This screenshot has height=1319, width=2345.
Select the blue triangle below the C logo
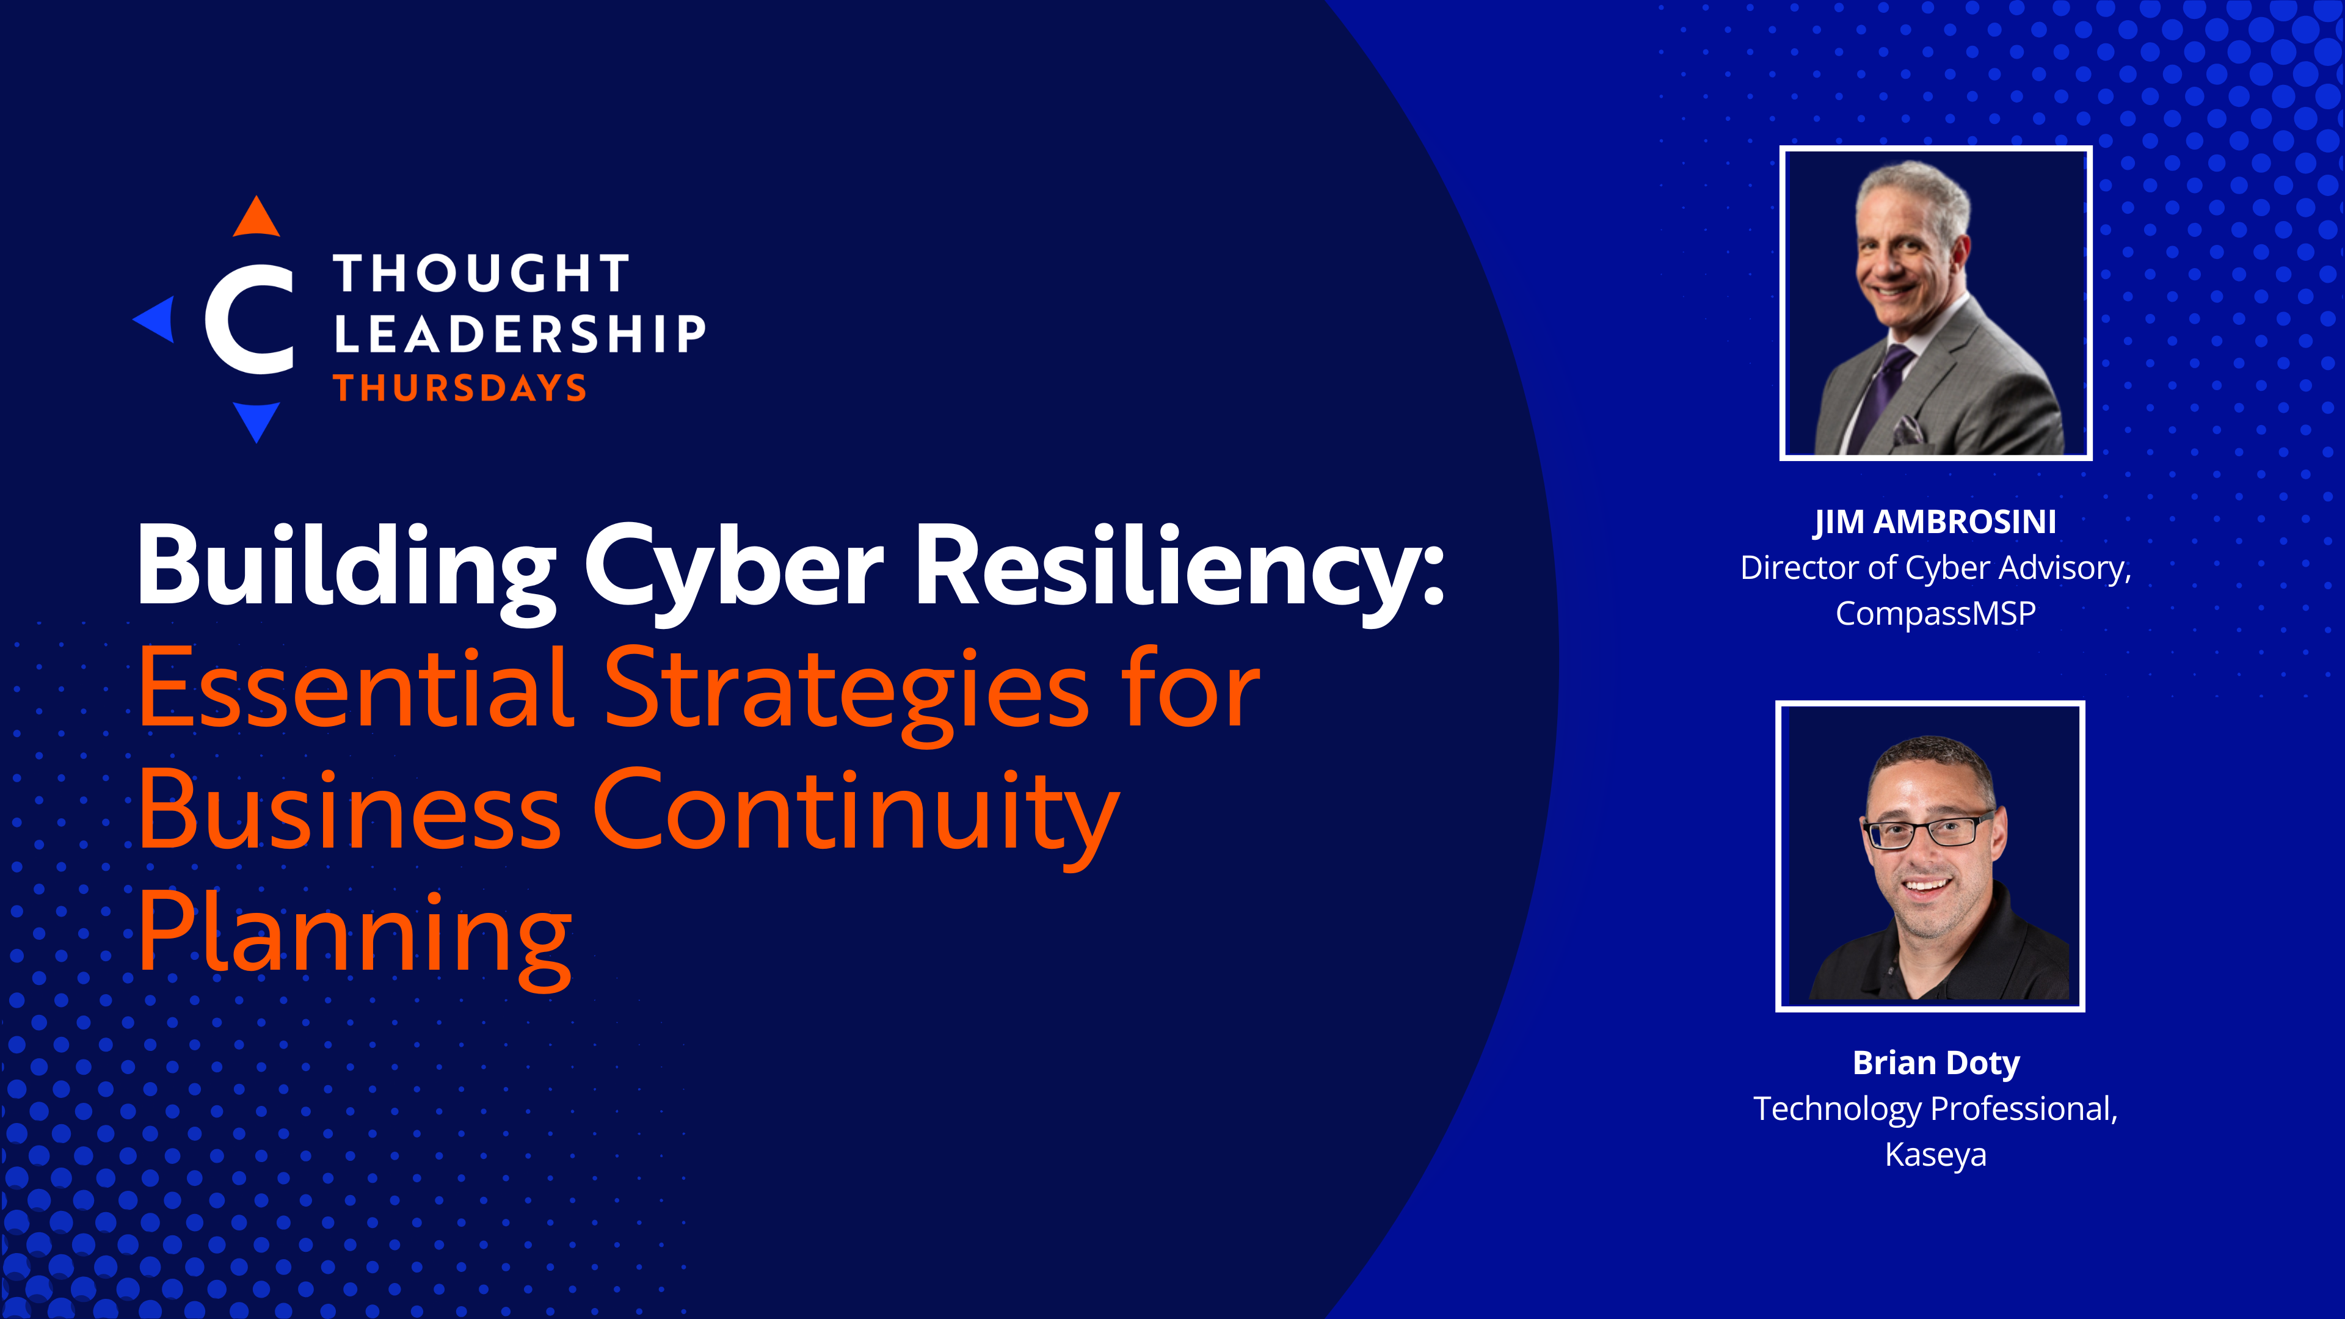coord(256,421)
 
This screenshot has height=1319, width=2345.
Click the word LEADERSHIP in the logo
coord(520,333)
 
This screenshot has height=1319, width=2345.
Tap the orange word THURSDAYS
coord(460,388)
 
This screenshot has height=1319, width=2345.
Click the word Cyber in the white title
coord(733,571)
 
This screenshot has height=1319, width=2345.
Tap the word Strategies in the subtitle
coord(846,696)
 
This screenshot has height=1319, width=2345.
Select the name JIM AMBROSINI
coord(1935,523)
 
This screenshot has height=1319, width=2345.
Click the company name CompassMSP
coord(1935,614)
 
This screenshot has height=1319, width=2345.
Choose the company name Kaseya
coord(1935,1154)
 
